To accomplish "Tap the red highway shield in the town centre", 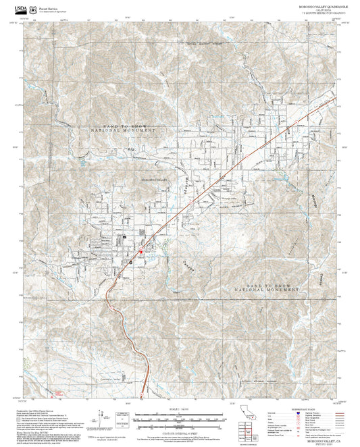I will [140, 253].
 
